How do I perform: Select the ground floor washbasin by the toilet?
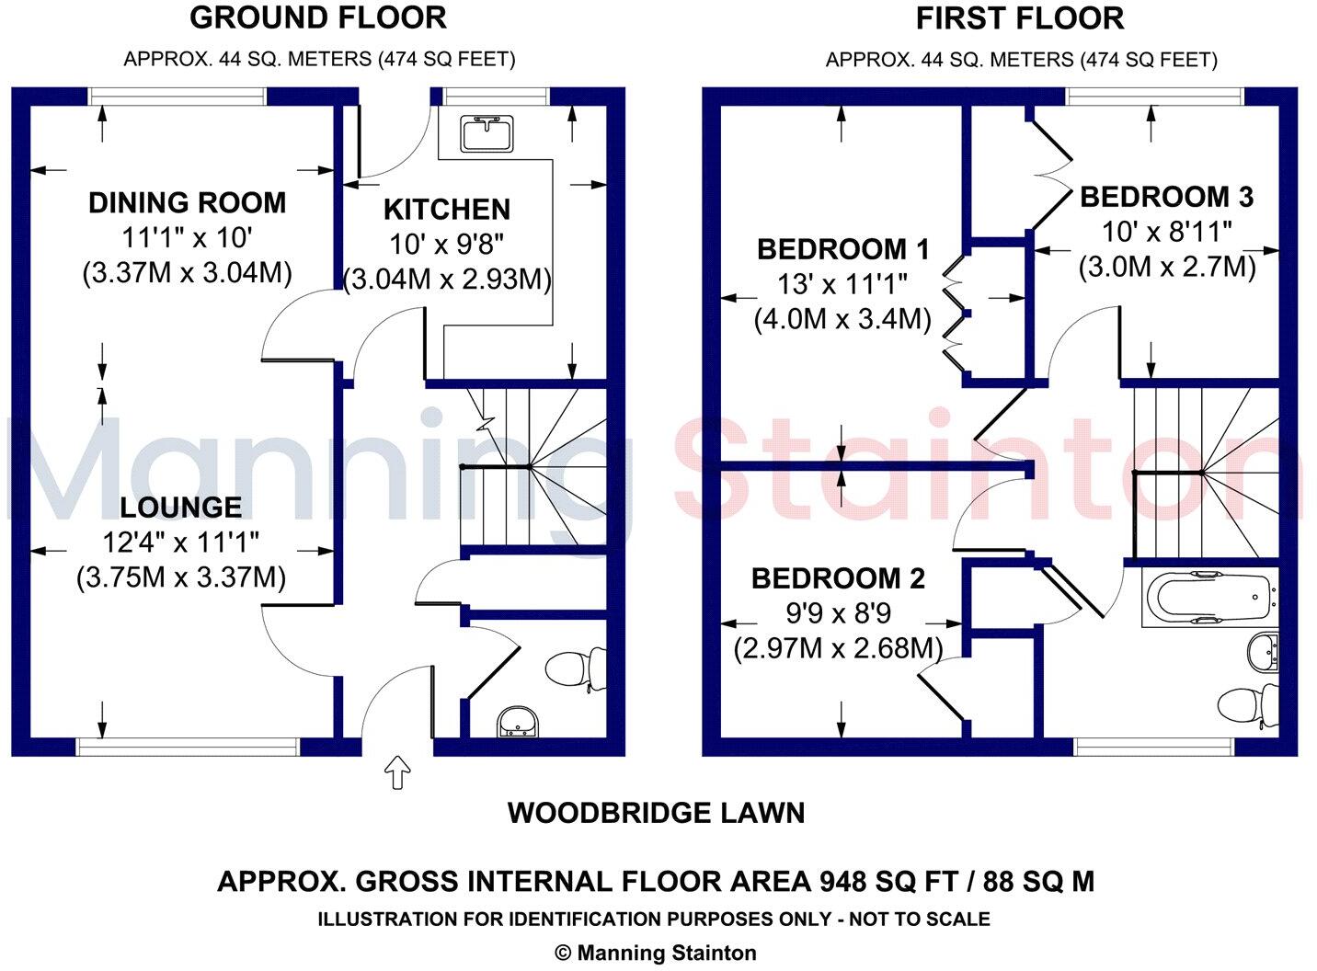tap(517, 724)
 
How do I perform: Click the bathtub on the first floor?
tap(1208, 598)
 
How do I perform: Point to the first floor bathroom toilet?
tap(1247, 705)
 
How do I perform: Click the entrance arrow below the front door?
tap(396, 771)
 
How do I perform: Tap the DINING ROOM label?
tap(187, 202)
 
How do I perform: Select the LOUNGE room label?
tap(181, 507)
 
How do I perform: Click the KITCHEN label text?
tap(446, 210)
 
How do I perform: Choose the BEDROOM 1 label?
tap(842, 249)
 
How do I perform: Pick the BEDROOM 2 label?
tap(838, 578)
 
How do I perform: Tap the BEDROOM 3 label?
tap(1166, 197)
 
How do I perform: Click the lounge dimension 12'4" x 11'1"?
tap(181, 542)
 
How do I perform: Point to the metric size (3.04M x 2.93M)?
tap(447, 279)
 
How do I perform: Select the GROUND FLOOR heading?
tap(318, 17)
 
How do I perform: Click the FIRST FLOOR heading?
tap(1020, 18)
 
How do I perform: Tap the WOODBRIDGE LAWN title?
tap(656, 813)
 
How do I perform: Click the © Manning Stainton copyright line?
tap(656, 954)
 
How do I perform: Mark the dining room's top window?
tap(177, 97)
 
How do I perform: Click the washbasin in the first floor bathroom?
tap(1265, 652)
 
